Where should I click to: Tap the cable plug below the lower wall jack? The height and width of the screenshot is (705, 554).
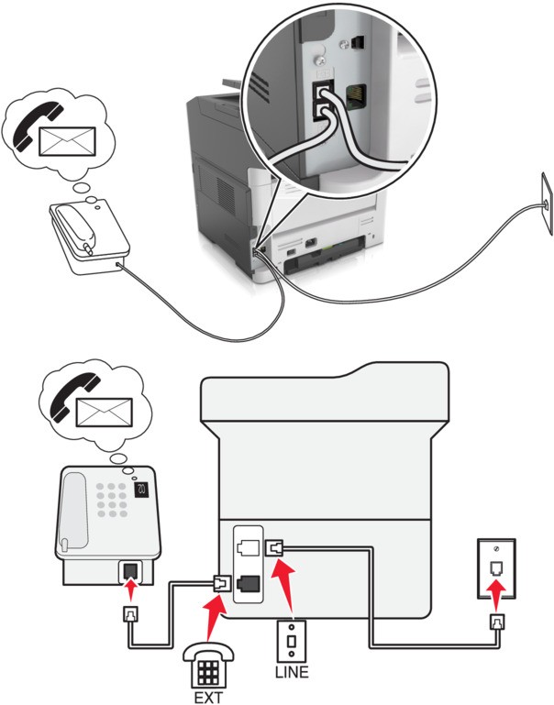(x=497, y=622)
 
